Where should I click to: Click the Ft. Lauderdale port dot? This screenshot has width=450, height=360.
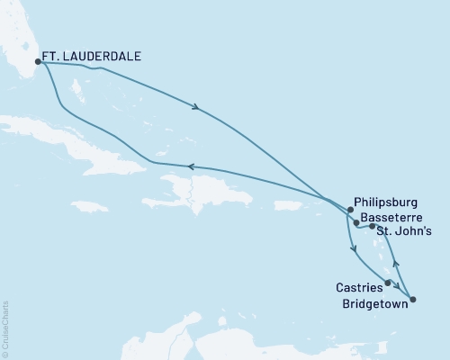coord(38,62)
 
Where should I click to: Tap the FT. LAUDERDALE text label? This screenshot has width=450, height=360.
coord(93,55)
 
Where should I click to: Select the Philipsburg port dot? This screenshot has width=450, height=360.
coord(350,210)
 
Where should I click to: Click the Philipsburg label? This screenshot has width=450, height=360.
coord(386,203)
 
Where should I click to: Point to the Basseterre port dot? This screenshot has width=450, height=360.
coord(356,222)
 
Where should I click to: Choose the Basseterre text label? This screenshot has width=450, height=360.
coord(392,217)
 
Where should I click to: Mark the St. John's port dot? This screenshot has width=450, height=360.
coord(372,227)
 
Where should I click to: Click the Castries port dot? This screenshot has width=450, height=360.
coord(388,283)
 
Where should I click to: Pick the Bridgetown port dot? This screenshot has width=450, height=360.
coord(413,298)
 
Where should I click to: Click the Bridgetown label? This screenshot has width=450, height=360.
coord(372,303)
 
